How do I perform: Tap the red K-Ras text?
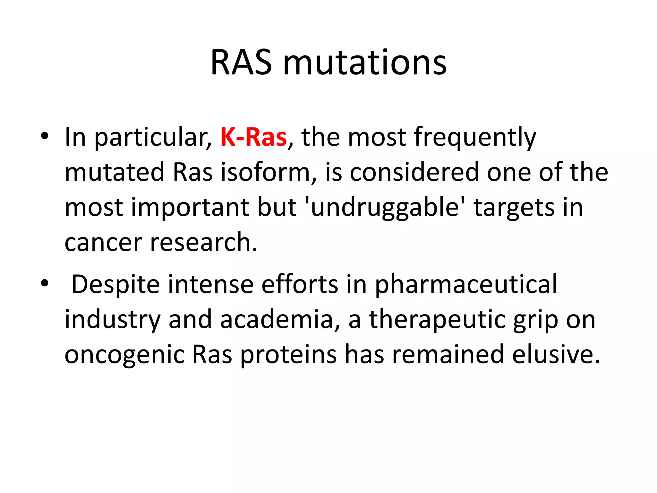click(x=253, y=137)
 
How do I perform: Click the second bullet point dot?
click(x=45, y=283)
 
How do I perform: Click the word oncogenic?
click(x=124, y=355)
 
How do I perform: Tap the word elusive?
click(x=556, y=354)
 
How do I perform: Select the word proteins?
click(x=288, y=355)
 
